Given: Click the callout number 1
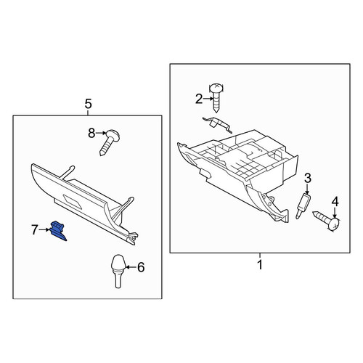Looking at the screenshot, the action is (x=260, y=265).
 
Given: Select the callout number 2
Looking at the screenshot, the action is (x=199, y=99).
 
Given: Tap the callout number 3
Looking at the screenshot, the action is (x=307, y=179).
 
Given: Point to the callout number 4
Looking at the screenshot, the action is (x=335, y=202).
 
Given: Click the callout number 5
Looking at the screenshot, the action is (x=89, y=104).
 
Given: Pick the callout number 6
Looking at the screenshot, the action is (x=141, y=267).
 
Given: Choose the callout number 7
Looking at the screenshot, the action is (x=35, y=229).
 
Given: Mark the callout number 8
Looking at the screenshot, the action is (x=91, y=133).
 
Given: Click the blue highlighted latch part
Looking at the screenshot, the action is (x=58, y=231).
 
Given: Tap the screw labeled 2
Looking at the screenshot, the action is (x=216, y=97).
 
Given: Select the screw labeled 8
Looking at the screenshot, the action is (x=110, y=142).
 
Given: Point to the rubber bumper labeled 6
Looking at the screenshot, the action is (x=118, y=271).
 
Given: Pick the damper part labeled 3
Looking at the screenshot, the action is (x=303, y=206).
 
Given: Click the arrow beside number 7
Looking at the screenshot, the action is (x=44, y=229).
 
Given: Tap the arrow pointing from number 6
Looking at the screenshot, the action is (x=131, y=267).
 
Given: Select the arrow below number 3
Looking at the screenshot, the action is (x=307, y=189).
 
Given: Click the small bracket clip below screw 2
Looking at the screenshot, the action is (x=217, y=124).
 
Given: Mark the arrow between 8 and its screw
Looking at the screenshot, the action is (x=101, y=133).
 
